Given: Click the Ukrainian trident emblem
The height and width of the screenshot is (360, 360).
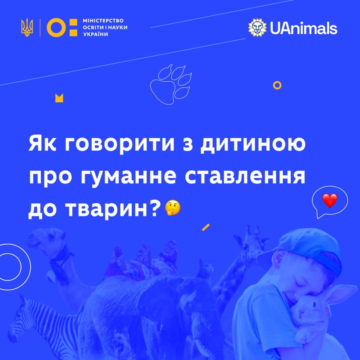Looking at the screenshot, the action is point(27,27).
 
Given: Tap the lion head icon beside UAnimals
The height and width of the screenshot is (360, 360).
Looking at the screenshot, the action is point(257,28).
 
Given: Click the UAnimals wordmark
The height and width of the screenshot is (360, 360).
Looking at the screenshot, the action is point(303,28).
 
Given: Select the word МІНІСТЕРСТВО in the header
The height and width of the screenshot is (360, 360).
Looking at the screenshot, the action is point(103,21).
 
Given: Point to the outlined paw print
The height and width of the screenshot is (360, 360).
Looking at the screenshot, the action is point(171,84).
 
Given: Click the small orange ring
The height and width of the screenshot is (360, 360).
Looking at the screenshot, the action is point(277,85).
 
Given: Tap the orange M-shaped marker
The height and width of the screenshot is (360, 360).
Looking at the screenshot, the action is point(59,98).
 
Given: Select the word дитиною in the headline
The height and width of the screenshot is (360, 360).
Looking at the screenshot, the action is point(253,144).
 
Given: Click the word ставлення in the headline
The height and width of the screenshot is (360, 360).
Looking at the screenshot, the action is point(245,176).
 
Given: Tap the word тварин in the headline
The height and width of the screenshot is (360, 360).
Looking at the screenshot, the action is point(108,209).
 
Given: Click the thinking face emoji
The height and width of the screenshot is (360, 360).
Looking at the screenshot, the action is point(173,208).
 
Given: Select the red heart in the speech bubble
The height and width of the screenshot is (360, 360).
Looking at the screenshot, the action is point(330,201).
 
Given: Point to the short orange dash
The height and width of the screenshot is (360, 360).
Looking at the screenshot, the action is point(206,227).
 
